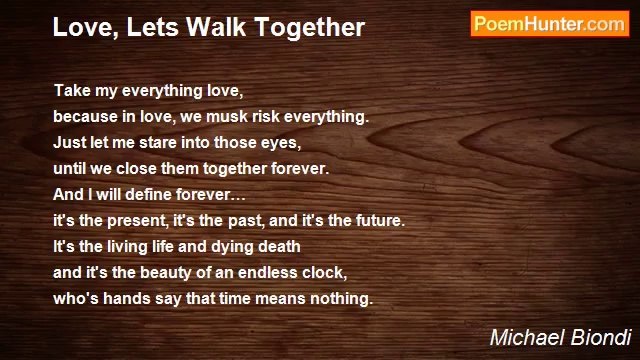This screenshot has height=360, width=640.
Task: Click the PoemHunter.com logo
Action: (x=549, y=25)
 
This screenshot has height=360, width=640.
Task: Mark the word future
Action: (x=374, y=219)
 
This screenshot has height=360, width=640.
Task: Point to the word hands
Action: (x=124, y=297)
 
